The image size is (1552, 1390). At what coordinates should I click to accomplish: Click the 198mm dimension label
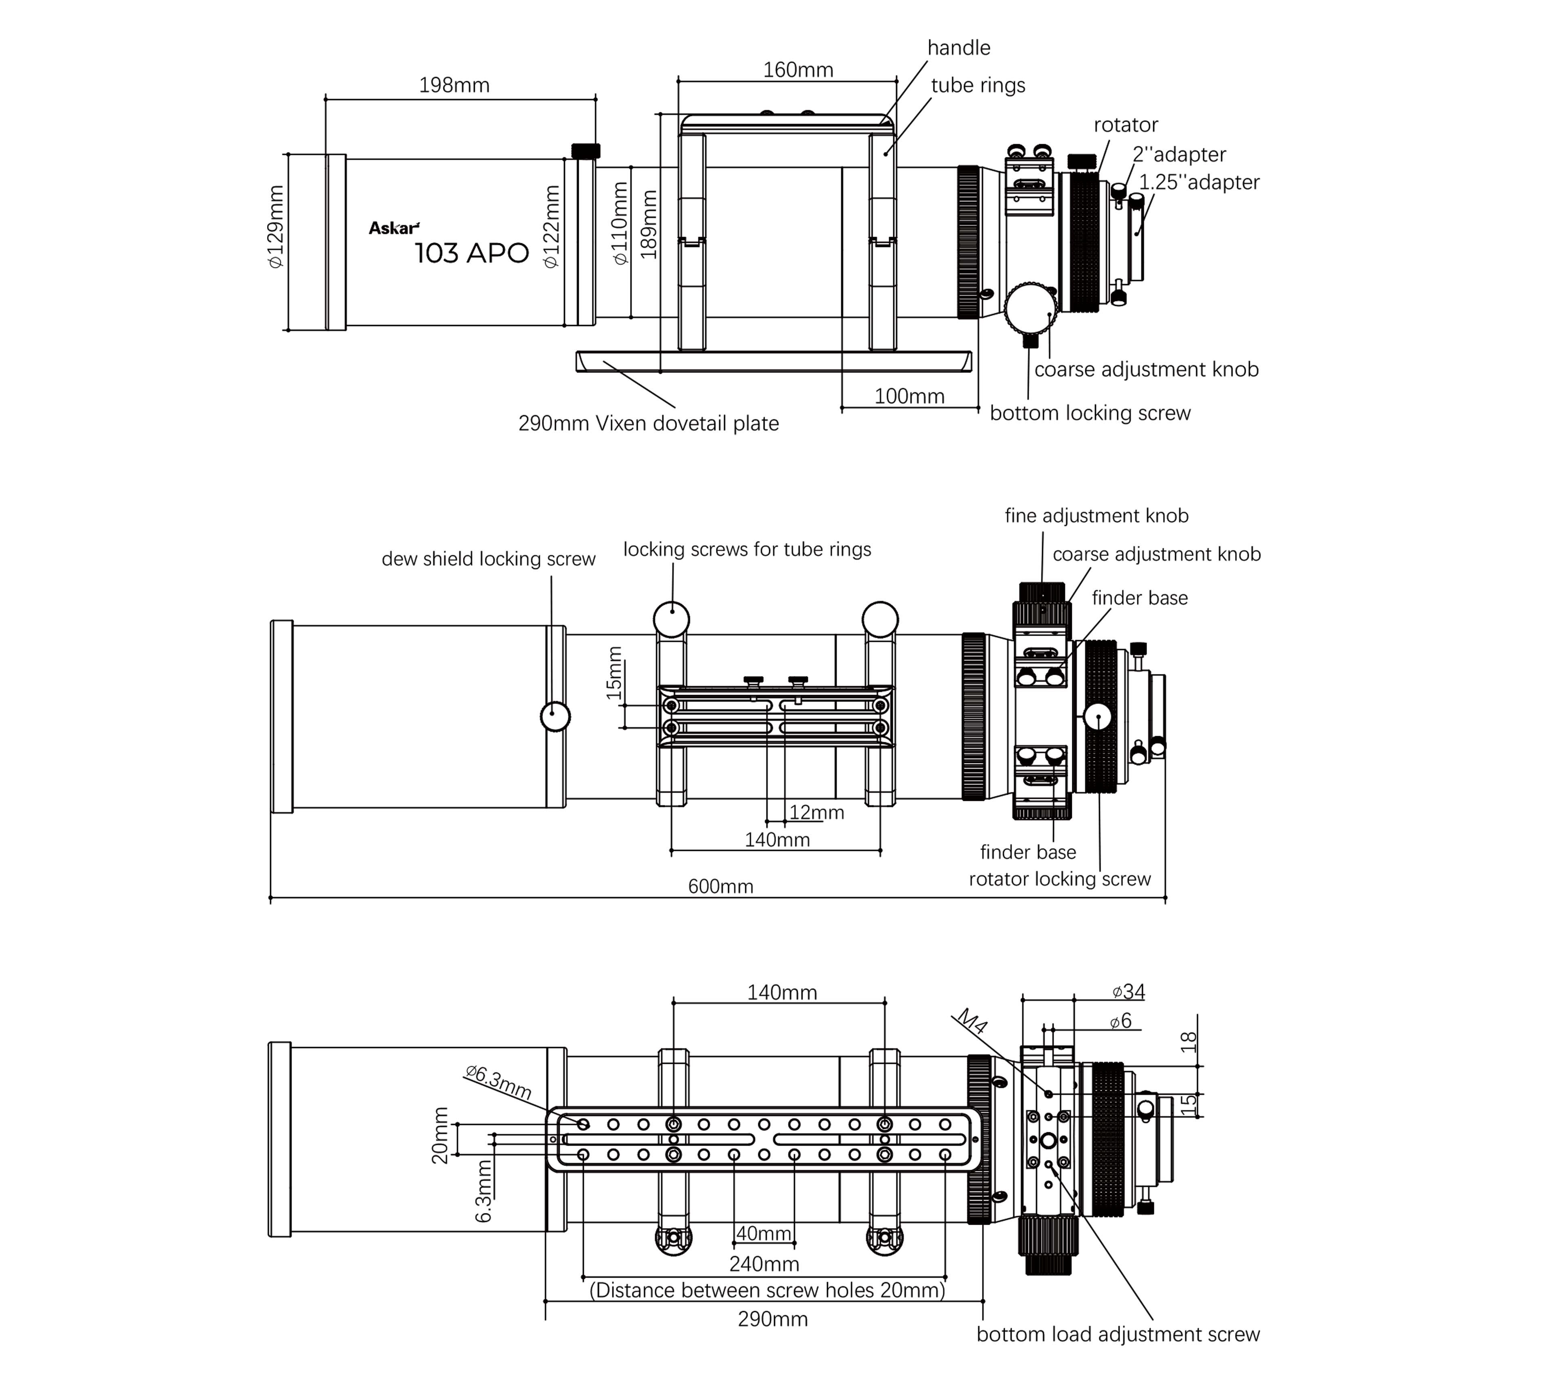click(454, 85)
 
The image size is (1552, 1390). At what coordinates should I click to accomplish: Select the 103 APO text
click(471, 253)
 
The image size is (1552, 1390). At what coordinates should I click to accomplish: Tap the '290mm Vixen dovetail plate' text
click(648, 423)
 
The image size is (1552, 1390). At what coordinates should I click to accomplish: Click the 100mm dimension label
click(909, 396)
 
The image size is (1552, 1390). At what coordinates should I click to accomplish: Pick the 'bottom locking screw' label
click(1090, 413)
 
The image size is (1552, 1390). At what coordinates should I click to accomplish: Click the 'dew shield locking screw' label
click(488, 559)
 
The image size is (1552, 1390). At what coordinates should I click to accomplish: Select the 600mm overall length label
click(720, 886)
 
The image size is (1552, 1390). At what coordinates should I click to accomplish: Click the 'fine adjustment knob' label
click(1096, 516)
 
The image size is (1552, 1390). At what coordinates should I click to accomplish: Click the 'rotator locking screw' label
click(1059, 879)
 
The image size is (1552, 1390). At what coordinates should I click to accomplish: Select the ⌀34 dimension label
click(1128, 991)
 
